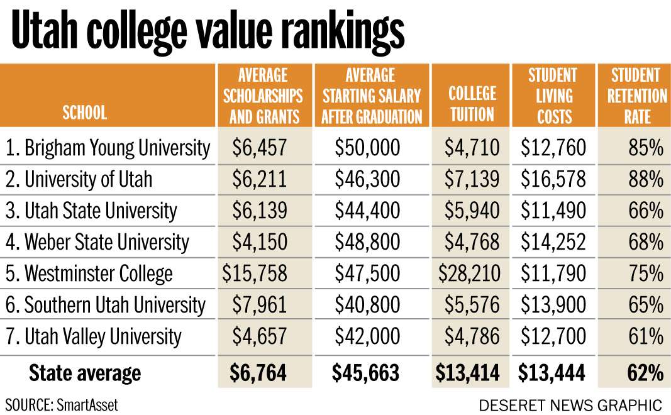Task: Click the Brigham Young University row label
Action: [108, 148]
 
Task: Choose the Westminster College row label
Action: [89, 274]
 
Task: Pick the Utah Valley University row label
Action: [94, 337]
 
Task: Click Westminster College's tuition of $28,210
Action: [472, 274]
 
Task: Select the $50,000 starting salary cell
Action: [367, 148]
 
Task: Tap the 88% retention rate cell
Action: [646, 180]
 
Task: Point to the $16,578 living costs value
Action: [553, 180]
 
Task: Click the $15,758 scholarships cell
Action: [255, 274]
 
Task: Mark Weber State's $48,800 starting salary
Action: [367, 243]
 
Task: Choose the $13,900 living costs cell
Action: [553, 306]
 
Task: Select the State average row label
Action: [85, 373]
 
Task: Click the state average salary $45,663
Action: [365, 373]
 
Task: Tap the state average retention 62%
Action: [645, 373]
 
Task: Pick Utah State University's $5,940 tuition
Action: [472, 211]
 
